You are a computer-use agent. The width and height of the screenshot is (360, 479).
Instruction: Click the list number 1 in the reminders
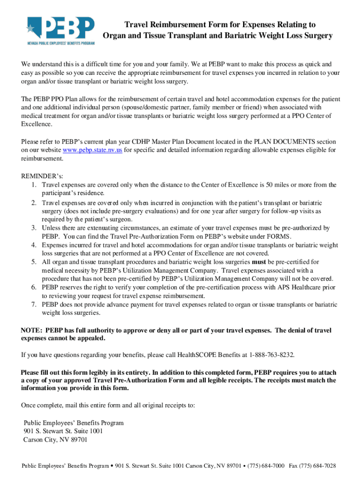(34, 185)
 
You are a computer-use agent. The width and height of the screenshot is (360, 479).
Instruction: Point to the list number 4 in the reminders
(34, 245)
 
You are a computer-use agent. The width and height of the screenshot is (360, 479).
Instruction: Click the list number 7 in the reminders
(34, 305)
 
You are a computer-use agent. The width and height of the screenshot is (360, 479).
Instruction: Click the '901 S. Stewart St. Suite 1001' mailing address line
(63, 431)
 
